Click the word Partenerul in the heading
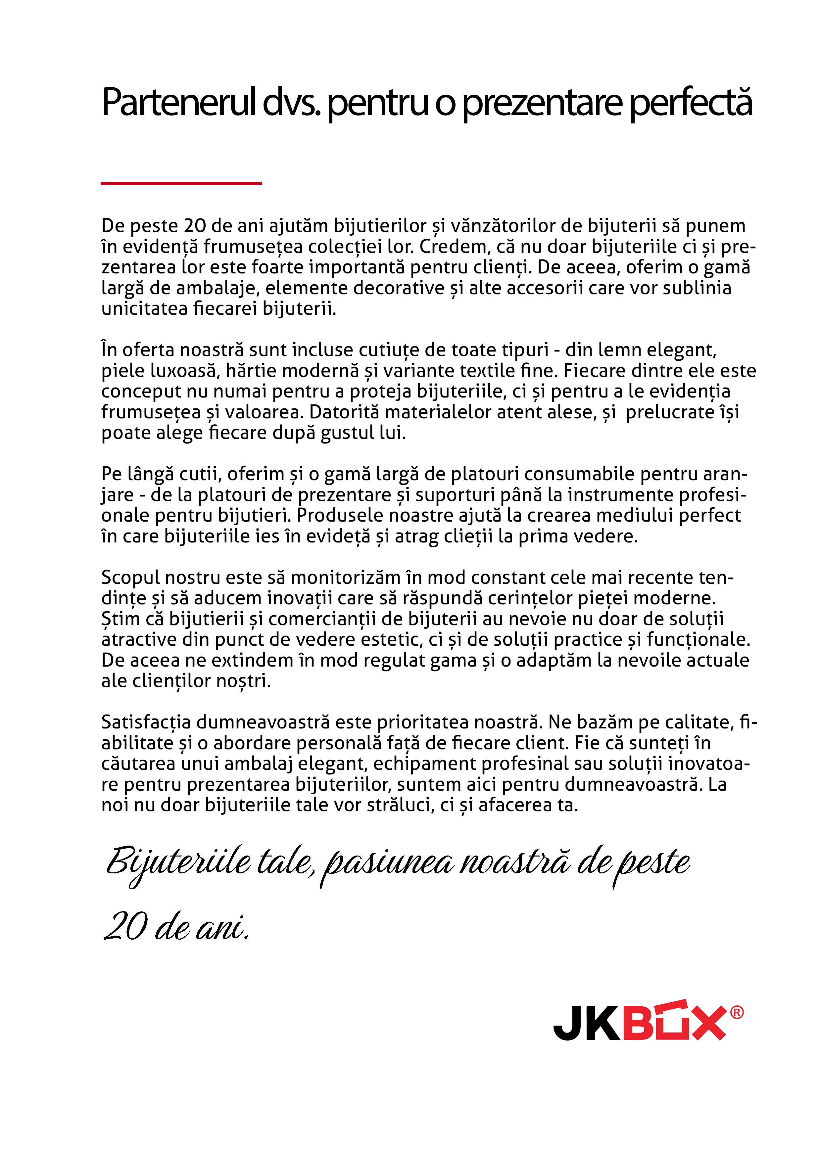[x=178, y=102]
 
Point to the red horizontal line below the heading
[x=181, y=183]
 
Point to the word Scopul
[x=130, y=578]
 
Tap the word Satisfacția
[x=146, y=722]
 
